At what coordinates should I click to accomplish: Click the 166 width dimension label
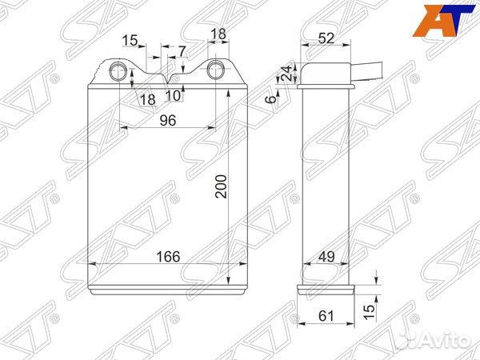tap(168, 257)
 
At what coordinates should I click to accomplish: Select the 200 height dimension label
tap(221, 186)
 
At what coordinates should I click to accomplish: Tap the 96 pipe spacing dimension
tap(168, 120)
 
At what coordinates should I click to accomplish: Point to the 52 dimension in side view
tap(326, 38)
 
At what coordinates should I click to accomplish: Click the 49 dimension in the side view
tap(326, 257)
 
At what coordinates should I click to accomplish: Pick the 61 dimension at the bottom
tap(326, 316)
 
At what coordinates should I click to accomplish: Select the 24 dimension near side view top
tap(287, 73)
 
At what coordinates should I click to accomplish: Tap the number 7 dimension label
tap(182, 51)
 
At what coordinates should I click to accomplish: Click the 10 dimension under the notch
tap(174, 96)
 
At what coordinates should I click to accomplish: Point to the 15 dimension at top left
tap(130, 41)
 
